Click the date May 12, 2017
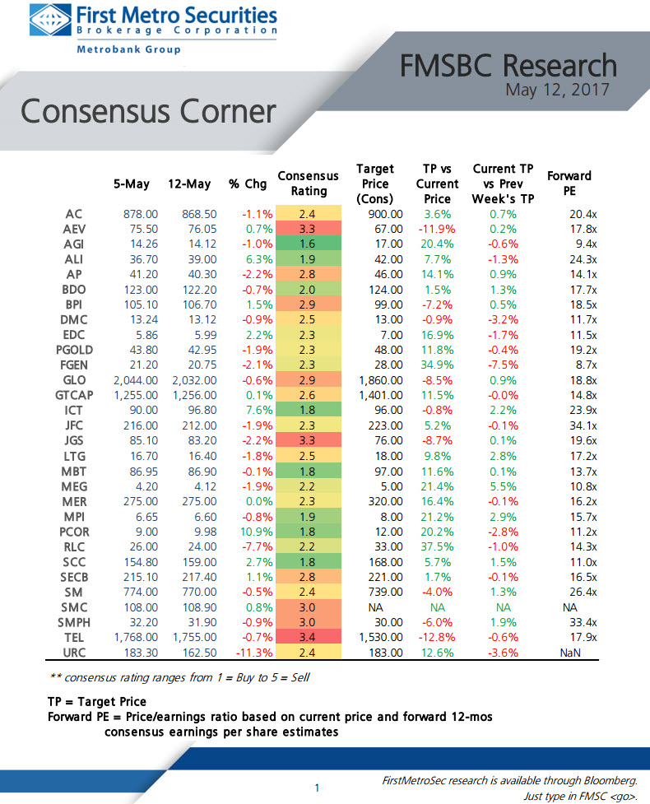[x=556, y=89]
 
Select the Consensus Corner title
[x=148, y=112]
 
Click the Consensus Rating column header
[x=309, y=184]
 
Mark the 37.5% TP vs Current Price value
[x=436, y=546]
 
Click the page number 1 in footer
[x=317, y=788]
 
